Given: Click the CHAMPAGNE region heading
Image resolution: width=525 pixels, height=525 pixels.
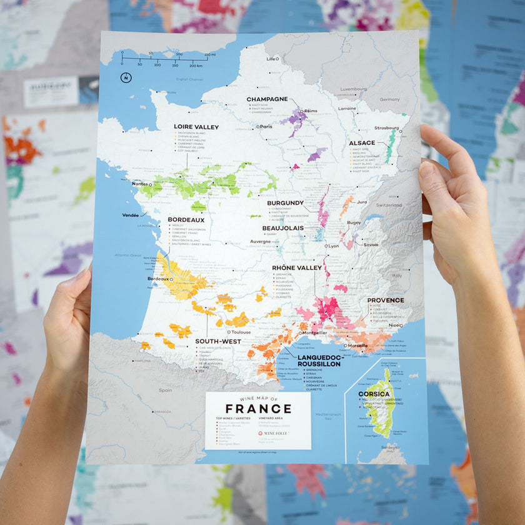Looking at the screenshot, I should (x=267, y=99).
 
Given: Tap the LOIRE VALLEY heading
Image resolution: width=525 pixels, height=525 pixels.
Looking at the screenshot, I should (x=196, y=127).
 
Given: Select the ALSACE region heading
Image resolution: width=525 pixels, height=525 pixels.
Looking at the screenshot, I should (x=362, y=143).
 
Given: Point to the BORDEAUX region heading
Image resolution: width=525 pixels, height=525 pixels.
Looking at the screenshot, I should (x=186, y=220).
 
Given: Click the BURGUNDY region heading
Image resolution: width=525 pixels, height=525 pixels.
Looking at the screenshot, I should (x=285, y=203).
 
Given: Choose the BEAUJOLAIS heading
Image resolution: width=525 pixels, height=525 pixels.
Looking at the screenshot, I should (x=282, y=228).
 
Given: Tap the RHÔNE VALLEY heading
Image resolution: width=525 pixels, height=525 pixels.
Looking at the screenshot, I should (x=297, y=267).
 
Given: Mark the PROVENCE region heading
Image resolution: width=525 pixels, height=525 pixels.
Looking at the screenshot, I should (x=385, y=300).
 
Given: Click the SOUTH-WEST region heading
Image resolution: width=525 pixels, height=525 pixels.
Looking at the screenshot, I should (x=217, y=341).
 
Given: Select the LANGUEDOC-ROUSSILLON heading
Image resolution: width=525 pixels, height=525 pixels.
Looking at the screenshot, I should (x=319, y=360).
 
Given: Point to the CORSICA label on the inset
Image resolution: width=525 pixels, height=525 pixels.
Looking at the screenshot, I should (x=374, y=394).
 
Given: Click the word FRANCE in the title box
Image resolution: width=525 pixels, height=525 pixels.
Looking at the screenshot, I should (x=258, y=409).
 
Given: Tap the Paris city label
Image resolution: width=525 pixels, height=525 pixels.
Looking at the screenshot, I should (x=266, y=127).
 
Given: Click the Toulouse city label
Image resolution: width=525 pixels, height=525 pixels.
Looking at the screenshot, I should (x=241, y=332).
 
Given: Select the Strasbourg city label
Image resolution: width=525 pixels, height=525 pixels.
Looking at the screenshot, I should (x=386, y=128).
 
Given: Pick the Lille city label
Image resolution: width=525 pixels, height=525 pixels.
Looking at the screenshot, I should (x=271, y=59).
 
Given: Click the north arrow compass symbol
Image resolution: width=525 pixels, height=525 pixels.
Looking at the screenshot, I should (x=126, y=77).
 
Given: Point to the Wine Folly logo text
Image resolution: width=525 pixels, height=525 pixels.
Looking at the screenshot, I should (x=276, y=432).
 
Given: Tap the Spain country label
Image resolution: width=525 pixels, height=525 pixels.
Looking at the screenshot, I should (x=165, y=390).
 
